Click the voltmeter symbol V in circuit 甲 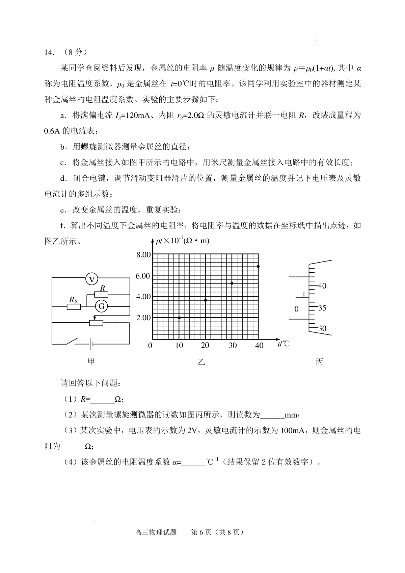point(91,279)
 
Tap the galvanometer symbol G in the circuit point(101,306)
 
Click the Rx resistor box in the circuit point(74,307)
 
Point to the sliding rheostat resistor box point(96,323)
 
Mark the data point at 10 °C point(179,318)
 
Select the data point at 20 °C point(206,300)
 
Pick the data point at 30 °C point(232,283)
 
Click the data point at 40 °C point(258,267)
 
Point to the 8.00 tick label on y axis point(143,255)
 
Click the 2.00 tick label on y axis point(143,318)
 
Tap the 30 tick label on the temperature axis point(233,345)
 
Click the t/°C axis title point(283,344)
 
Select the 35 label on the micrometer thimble point(322,308)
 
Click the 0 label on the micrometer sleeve point(296,309)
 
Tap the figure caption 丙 point(319,362)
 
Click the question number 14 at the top point(49,52)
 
